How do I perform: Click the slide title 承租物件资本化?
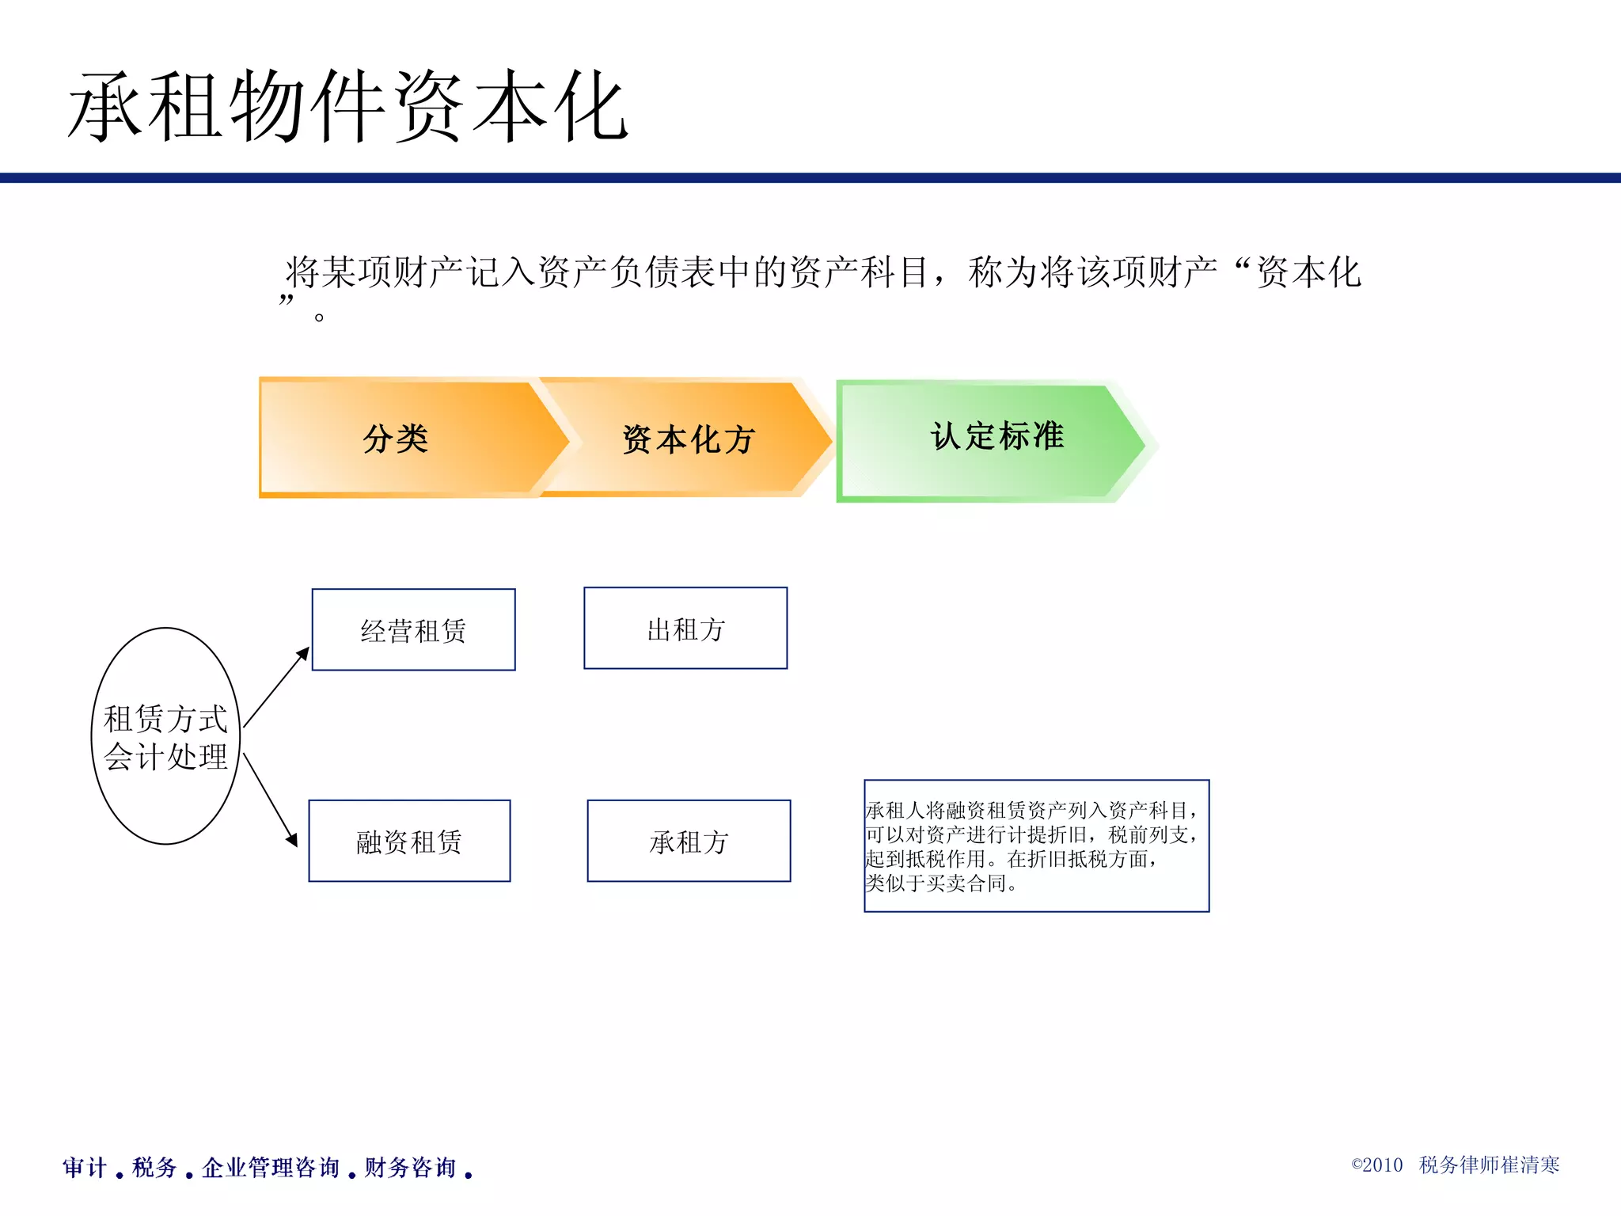[x=348, y=107]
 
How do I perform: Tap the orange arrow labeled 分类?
[x=396, y=438]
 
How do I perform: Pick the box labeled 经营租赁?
[x=413, y=630]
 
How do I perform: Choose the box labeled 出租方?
[x=685, y=629]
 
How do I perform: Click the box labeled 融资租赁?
[x=409, y=842]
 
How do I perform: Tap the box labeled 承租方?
[x=689, y=842]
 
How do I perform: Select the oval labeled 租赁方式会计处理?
[x=165, y=736]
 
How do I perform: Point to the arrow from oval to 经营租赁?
[x=275, y=687]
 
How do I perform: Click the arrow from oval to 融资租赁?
[x=270, y=800]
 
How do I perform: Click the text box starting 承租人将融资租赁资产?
[x=1035, y=845]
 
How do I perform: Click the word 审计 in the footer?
[x=84, y=1167]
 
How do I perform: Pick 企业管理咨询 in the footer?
[x=270, y=1167]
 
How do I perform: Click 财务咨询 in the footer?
[x=410, y=1167]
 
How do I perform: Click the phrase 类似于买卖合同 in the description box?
[x=934, y=883]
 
